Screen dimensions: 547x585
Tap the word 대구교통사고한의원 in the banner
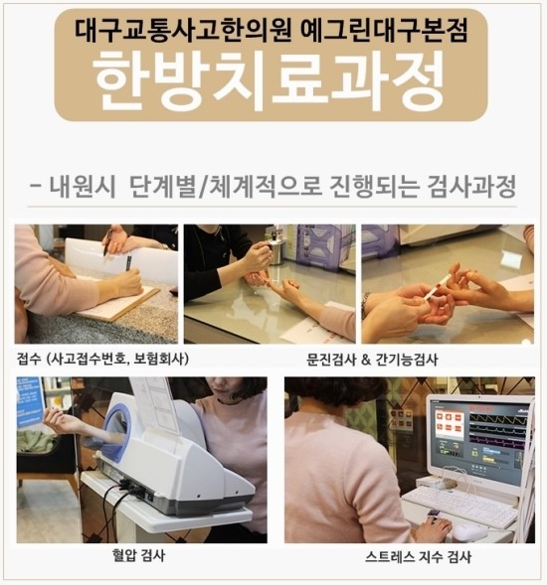click(x=183, y=31)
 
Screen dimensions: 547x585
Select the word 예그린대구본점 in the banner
click(x=384, y=31)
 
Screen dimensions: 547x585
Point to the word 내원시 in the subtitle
click(x=83, y=186)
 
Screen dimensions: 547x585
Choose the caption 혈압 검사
click(x=138, y=555)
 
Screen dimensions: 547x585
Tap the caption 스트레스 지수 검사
click(x=418, y=556)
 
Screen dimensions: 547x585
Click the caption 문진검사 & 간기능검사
click(x=372, y=360)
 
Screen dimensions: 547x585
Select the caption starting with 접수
click(x=102, y=359)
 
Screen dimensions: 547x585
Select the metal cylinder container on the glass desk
click(x=276, y=250)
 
